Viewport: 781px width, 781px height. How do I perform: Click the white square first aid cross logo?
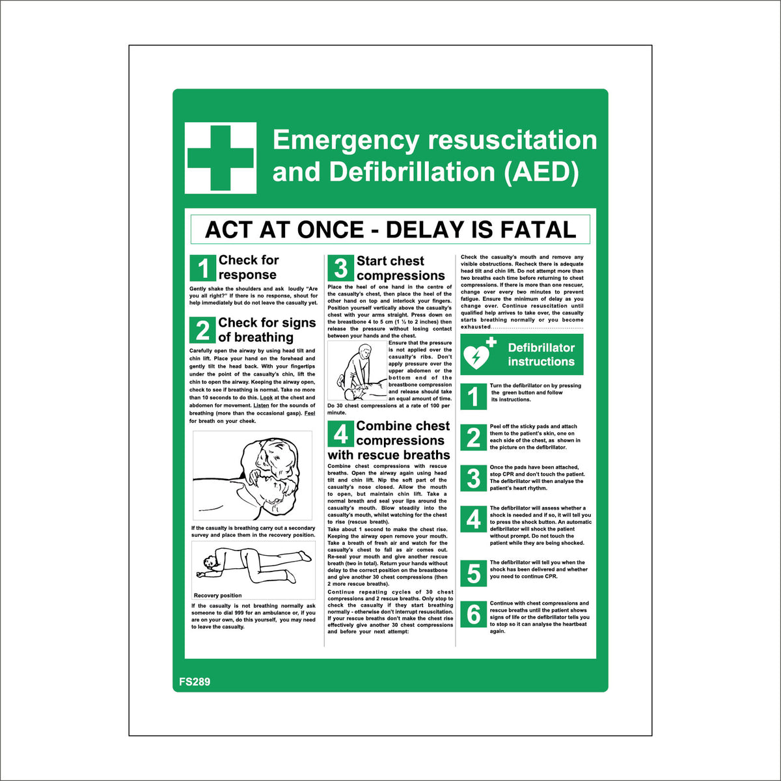tap(221, 158)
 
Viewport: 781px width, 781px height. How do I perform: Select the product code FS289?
tap(195, 682)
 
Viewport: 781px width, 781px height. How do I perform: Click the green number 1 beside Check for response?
tap(203, 268)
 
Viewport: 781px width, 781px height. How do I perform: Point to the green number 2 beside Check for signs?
tap(203, 330)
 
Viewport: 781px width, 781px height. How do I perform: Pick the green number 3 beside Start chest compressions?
tap(340, 268)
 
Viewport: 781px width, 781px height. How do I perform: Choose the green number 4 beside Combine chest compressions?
tap(340, 433)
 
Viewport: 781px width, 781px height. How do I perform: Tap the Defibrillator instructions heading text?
tap(541, 355)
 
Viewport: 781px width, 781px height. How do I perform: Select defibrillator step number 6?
tap(474, 614)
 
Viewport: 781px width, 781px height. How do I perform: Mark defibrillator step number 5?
tap(474, 573)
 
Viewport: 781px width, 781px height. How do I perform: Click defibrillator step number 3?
tap(474, 478)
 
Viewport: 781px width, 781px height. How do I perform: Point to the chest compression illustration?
tap(357, 372)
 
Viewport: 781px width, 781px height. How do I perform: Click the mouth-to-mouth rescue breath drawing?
tap(253, 476)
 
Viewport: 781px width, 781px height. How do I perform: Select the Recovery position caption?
tap(217, 596)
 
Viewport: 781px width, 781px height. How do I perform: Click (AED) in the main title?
tap(541, 172)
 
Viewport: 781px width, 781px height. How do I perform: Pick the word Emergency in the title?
tap(346, 140)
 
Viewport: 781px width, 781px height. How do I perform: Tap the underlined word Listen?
tap(261, 405)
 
